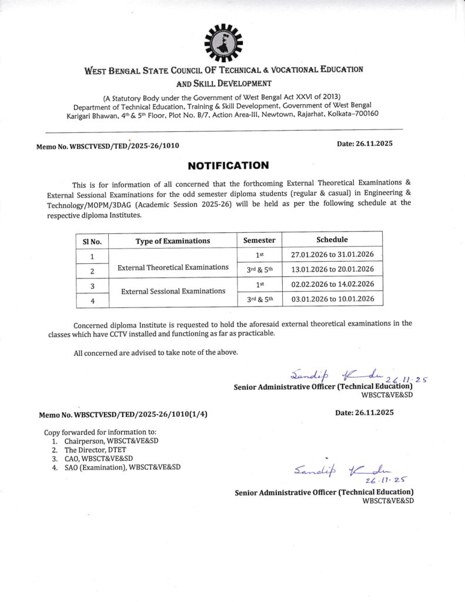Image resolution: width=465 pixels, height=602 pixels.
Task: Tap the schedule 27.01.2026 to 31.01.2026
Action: pos(332,255)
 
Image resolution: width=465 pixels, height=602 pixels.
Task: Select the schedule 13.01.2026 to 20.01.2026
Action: pos(332,269)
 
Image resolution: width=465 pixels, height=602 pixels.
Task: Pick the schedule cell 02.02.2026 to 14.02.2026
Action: pos(332,285)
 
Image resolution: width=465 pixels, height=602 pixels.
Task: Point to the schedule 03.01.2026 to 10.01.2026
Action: pos(332,299)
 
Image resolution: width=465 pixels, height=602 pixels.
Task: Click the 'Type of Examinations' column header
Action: pos(173,240)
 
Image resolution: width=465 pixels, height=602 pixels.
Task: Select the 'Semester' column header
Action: pos(259,240)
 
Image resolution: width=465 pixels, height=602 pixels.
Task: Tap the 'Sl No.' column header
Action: pos(92,240)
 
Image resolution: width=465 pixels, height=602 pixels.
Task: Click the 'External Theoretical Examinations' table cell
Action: pos(173,267)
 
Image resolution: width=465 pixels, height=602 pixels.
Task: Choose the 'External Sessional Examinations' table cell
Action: pos(173,291)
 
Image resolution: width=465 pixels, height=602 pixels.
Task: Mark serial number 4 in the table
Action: pos(92,301)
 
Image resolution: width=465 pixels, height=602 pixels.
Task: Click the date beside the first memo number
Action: pos(364,143)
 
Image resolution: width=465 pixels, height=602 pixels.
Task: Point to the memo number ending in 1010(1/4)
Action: pos(123,414)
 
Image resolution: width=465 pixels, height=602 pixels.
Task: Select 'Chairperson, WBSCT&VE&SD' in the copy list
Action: pos(111,440)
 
